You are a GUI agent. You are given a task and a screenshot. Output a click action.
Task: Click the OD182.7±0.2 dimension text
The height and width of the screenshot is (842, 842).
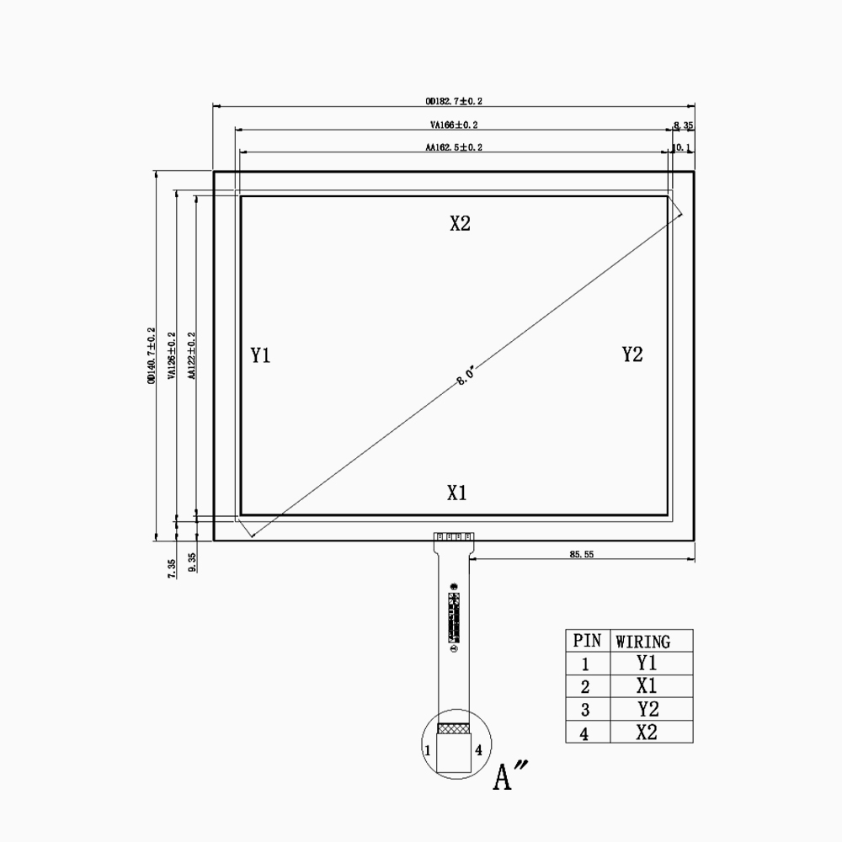[x=454, y=101]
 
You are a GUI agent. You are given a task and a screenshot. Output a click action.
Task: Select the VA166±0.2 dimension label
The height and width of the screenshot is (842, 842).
[x=454, y=125]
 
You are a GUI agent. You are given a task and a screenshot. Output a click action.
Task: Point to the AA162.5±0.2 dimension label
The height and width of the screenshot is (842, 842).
[x=454, y=147]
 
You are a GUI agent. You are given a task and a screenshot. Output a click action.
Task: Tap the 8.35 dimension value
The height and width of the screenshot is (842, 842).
[x=683, y=125]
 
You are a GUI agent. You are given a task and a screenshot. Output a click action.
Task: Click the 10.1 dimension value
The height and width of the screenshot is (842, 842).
[x=681, y=147]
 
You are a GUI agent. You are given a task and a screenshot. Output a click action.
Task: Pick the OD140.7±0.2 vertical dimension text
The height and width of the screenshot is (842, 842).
[x=151, y=355]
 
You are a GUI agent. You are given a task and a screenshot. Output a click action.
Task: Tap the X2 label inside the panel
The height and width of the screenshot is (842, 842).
[x=460, y=223]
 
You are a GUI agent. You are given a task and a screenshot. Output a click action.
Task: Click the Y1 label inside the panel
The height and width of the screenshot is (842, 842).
[x=260, y=355]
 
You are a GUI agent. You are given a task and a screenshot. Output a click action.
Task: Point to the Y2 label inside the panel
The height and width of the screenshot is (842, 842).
[x=632, y=354]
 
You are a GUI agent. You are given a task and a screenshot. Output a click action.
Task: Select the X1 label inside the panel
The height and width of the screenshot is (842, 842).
[x=456, y=493]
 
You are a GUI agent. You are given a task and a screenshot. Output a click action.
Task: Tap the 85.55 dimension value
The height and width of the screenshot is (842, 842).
[x=582, y=555]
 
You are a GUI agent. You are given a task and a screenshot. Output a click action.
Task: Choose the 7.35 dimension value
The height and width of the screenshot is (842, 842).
[x=172, y=568]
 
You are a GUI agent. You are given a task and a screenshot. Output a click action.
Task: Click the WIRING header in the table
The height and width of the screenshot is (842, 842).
[x=642, y=642]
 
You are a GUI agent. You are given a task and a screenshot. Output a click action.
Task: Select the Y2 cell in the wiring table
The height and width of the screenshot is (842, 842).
[x=646, y=708]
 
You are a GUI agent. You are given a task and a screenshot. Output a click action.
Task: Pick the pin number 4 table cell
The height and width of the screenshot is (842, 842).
[x=584, y=733]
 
